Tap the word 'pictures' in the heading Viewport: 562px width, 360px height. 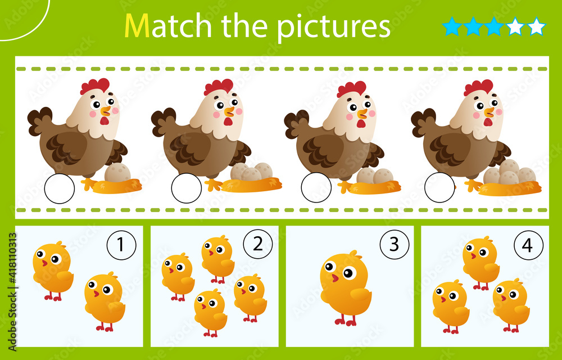click(x=335, y=26)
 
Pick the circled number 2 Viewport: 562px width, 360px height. click(x=257, y=244)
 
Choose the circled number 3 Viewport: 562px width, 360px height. click(x=393, y=244)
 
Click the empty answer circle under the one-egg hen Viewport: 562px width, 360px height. click(x=59, y=189)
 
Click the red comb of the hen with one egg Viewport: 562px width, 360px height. click(x=95, y=85)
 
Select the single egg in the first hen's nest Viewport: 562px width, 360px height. click(x=117, y=174)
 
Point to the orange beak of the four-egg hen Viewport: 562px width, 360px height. click(x=488, y=112)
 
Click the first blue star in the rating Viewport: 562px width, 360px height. click(x=452, y=26)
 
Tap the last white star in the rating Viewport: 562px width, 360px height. click(x=537, y=26)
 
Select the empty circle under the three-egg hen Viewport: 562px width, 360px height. click(x=186, y=189)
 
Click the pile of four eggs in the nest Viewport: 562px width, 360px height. click(x=509, y=174)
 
